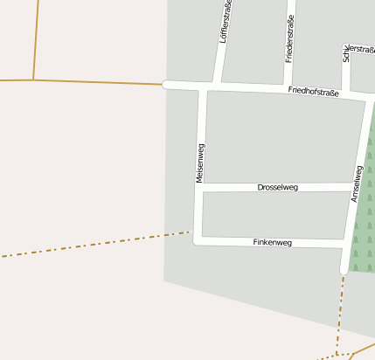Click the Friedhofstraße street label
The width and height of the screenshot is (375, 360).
point(313,92)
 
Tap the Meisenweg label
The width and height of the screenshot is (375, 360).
point(200,163)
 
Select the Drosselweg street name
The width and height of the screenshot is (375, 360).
point(278,187)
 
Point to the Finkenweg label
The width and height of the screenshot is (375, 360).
point(272,242)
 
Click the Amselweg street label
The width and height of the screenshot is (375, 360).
point(358,184)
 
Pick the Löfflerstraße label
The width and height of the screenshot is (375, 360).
point(226,24)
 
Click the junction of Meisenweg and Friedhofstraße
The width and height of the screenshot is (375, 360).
point(204,87)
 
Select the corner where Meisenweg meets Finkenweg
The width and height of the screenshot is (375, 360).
point(197,239)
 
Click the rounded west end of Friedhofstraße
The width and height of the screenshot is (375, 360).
point(165,85)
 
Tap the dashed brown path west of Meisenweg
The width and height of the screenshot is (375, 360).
point(96,244)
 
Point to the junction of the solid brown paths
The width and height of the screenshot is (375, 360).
point(33,80)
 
